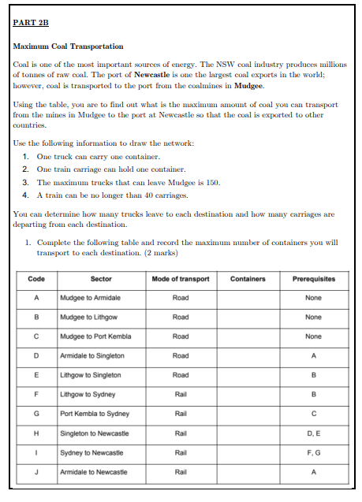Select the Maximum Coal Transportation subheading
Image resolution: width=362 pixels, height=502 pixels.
[x=69, y=47]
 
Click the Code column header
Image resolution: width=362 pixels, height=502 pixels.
[x=35, y=279]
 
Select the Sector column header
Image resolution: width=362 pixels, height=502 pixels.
[x=101, y=279]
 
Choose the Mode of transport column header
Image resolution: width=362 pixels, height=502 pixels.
[x=180, y=279]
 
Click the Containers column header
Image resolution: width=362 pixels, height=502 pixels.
[x=248, y=279]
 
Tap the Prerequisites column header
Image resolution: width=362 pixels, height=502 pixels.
[x=313, y=279]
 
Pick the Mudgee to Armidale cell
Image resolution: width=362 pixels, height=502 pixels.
[x=89, y=298]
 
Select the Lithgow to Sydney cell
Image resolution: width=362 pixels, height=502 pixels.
[x=87, y=394]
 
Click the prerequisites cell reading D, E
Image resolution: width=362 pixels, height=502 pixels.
[x=313, y=433]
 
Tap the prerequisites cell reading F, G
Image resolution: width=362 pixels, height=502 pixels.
[x=313, y=452]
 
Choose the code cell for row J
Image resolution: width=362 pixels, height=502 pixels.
[x=35, y=471]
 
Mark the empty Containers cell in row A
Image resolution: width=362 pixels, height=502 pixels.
[x=248, y=298]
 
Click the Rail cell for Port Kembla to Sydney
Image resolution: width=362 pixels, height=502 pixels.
[x=180, y=414]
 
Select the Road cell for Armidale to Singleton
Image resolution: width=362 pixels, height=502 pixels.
[x=180, y=355]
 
